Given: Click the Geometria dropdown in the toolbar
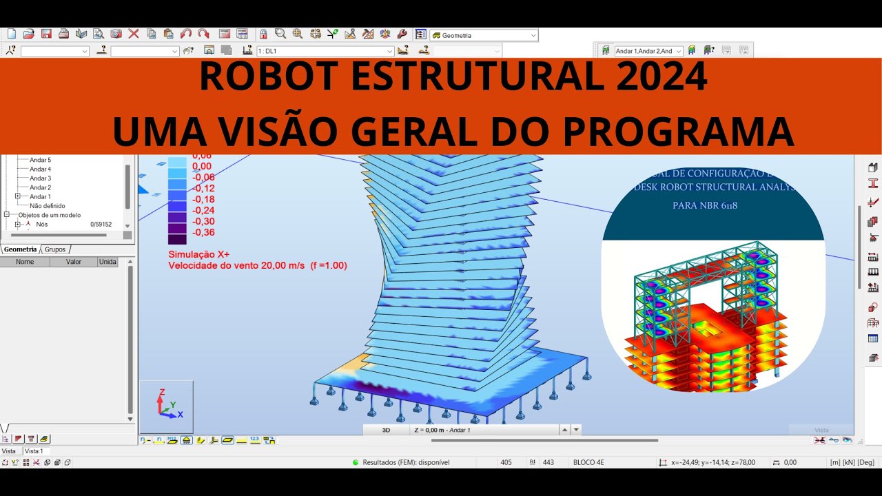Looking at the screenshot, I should click(484, 35).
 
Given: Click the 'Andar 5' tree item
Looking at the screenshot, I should click(40, 160).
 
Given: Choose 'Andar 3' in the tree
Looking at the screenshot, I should click(40, 178).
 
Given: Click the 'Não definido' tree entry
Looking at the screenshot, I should click(48, 205).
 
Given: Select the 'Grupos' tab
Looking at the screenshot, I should click(55, 249).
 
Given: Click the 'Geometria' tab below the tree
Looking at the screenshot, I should click(20, 249).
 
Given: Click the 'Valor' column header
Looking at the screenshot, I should click(73, 262).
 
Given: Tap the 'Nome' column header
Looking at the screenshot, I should click(25, 262).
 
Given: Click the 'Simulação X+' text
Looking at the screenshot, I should click(199, 254).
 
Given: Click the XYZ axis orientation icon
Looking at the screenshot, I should click(167, 405).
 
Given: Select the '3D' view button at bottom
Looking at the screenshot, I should click(386, 430).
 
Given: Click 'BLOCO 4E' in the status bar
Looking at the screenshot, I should click(588, 462).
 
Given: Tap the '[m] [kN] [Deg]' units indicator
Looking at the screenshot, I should click(852, 462).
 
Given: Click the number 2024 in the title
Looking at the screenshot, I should click(661, 77).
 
